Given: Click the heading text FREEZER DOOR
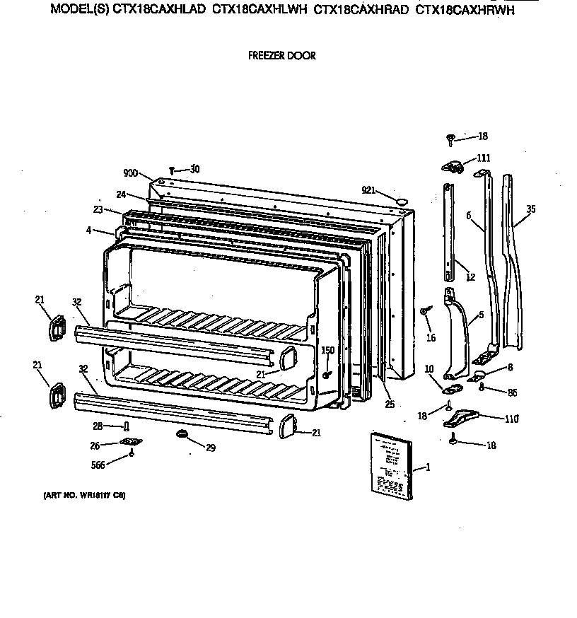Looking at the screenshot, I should coord(281,55).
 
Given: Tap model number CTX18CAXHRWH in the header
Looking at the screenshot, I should coord(465,10).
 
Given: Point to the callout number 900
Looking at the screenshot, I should coord(130,173).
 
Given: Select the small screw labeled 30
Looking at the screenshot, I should coord(173,170).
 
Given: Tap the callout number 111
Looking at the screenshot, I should coord(483,158).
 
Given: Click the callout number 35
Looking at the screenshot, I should coord(531,209).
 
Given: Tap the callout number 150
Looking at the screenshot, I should coord(328,350).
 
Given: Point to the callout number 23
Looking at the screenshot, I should coord(99,210).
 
